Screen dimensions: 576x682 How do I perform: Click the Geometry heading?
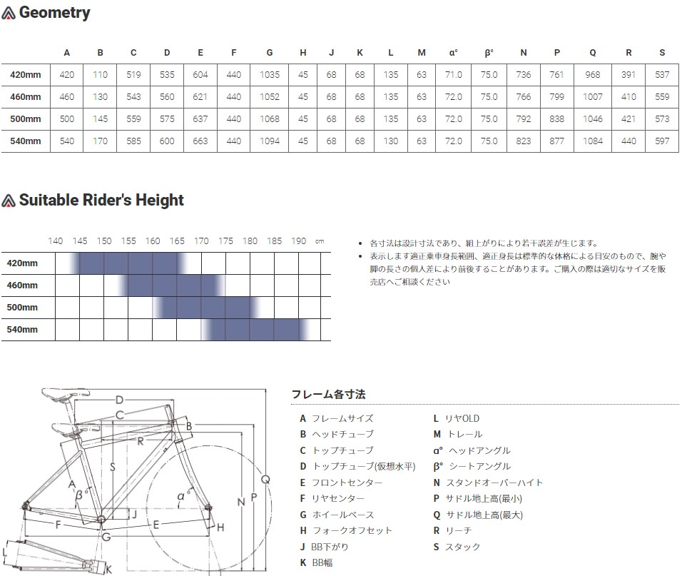click(x=54, y=13)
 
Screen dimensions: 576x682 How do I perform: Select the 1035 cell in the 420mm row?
click(x=270, y=74)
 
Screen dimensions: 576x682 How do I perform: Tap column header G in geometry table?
click(x=270, y=53)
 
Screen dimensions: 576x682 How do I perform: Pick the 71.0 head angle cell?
click(x=454, y=74)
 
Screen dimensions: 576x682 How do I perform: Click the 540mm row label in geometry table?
click(x=26, y=141)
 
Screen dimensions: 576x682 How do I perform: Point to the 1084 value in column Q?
click(x=593, y=141)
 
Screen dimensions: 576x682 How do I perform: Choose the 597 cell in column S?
click(x=662, y=141)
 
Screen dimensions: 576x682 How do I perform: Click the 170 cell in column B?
click(x=100, y=141)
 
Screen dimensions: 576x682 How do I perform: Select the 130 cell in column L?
click(x=391, y=141)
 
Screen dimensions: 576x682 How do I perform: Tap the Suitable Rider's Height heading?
click(x=101, y=201)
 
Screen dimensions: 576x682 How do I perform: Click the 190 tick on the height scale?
click(x=299, y=241)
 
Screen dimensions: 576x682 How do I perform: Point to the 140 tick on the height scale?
click(x=55, y=241)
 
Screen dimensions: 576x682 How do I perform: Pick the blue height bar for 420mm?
click(x=128, y=263)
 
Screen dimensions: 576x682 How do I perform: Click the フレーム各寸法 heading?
click(x=328, y=395)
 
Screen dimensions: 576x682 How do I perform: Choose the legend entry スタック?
click(x=462, y=547)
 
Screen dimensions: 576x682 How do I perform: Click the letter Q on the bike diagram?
click(x=265, y=480)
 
